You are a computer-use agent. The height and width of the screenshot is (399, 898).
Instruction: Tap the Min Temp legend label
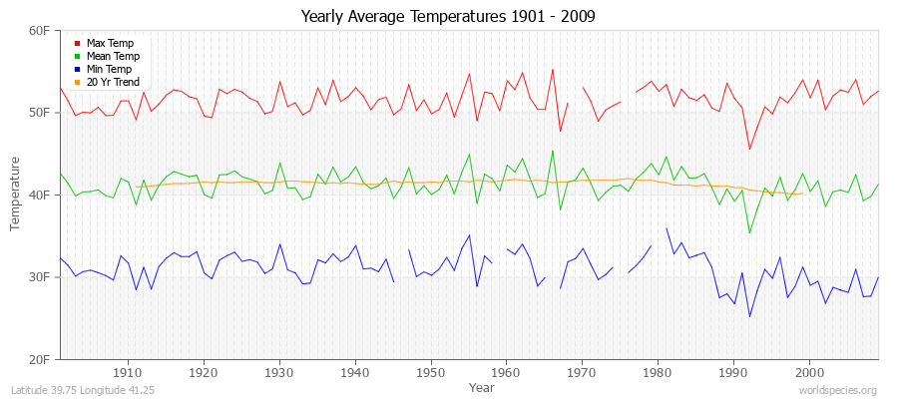pos(109,70)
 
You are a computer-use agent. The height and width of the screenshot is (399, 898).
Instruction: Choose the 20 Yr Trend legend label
pos(113,82)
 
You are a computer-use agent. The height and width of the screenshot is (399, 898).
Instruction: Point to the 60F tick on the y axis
pos(40,31)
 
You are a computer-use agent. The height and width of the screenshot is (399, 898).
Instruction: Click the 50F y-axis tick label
pos(40,113)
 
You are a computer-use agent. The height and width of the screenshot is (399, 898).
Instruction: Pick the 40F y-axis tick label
pos(40,195)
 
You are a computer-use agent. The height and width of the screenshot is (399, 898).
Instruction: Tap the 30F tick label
pos(40,277)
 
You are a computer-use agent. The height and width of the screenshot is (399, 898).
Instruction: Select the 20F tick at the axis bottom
pos(40,359)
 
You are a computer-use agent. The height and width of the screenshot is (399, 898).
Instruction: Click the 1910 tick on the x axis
pos(128,372)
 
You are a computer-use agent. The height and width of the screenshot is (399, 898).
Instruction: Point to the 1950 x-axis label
pos(430,372)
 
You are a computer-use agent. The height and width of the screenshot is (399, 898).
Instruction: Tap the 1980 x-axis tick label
pos(657,372)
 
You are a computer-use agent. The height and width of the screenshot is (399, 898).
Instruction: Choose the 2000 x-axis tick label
pos(807,372)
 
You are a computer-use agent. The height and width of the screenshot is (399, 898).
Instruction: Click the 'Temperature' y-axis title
pos(17,195)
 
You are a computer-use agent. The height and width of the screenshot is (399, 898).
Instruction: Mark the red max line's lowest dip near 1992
pos(749,150)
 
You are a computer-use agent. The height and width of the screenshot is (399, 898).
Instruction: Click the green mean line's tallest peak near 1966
pos(553,151)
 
